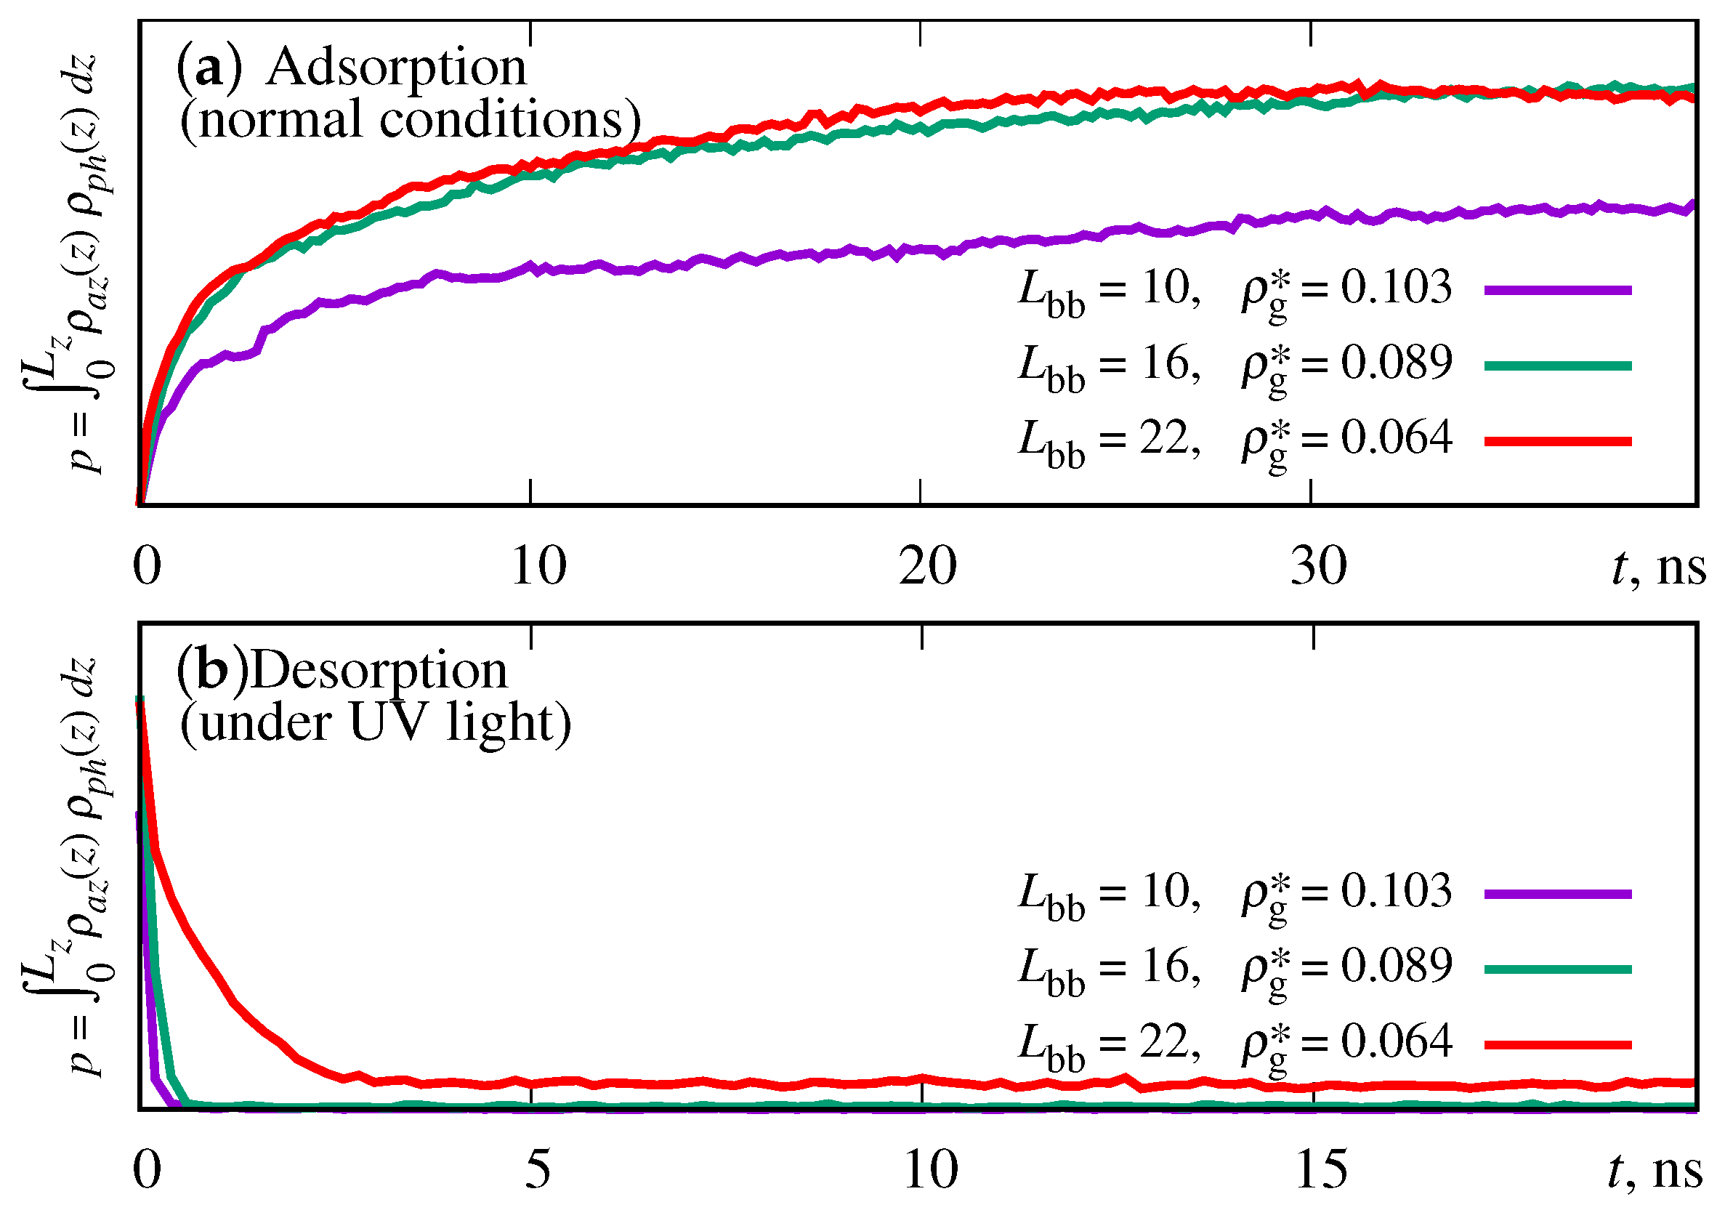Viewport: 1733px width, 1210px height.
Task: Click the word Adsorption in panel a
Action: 396,68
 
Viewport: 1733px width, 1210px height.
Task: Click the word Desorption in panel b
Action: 379,670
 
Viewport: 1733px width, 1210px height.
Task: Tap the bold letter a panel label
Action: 210,68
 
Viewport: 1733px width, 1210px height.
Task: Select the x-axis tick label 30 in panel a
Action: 1318,566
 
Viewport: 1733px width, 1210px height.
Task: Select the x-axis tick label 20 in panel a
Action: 928,566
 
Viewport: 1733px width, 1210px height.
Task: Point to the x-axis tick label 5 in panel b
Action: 538,1170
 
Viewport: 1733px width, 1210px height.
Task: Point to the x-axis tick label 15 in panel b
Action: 1321,1170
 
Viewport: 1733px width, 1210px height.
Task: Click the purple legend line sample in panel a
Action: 1558,290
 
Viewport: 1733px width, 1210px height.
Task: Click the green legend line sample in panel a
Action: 1558,366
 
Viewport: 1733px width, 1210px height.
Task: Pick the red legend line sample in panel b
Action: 1558,1046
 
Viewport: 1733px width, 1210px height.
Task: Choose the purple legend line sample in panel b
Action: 1558,895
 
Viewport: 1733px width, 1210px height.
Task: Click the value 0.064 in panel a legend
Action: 1397,437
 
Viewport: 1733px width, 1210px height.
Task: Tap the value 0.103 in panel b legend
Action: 1397,891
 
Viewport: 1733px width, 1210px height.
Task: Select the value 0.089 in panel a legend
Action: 1397,363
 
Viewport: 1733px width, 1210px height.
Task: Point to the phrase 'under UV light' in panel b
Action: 375,723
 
